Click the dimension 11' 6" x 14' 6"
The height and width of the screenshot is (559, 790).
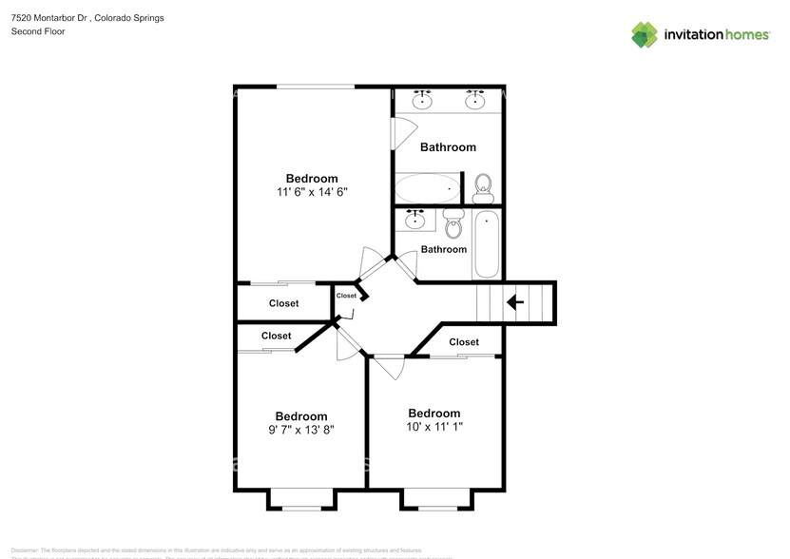[x=312, y=192]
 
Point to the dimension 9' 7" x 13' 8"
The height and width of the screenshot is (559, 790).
[x=300, y=430]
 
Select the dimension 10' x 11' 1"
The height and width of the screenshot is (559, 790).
[x=434, y=427]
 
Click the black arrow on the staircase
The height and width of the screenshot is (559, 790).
[x=514, y=303]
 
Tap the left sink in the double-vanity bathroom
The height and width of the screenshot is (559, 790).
[x=423, y=100]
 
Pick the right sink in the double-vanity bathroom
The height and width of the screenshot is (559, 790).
[x=475, y=100]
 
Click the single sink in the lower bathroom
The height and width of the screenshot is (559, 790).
[x=415, y=220]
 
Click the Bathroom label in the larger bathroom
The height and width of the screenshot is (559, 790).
[x=448, y=147]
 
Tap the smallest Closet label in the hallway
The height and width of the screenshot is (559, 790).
[x=346, y=296]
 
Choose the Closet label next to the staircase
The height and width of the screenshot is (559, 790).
[x=464, y=342]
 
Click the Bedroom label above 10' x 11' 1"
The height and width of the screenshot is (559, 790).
[x=434, y=413]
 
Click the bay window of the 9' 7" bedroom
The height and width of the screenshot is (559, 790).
[x=301, y=499]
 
